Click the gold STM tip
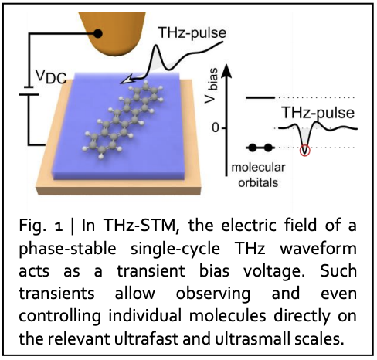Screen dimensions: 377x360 [113, 32]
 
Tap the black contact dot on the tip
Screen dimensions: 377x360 [97, 33]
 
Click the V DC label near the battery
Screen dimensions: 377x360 [51, 76]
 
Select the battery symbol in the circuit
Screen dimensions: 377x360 [29, 90]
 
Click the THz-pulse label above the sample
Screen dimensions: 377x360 [192, 32]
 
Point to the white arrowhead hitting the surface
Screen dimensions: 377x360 [127, 80]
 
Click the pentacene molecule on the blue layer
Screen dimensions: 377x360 [123, 119]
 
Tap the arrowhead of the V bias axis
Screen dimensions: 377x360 [226, 70]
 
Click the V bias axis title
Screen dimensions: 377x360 [212, 85]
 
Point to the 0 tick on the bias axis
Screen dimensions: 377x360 [216, 127]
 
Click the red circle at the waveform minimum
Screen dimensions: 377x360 [305, 151]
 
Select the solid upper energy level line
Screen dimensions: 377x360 [260, 97]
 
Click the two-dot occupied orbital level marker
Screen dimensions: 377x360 [260, 148]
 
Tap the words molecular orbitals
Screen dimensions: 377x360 [258, 175]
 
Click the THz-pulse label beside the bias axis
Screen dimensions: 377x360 [318, 113]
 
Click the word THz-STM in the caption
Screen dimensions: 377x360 [139, 226]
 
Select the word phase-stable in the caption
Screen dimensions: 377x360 [67, 250]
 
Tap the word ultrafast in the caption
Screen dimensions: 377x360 [146, 338]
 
